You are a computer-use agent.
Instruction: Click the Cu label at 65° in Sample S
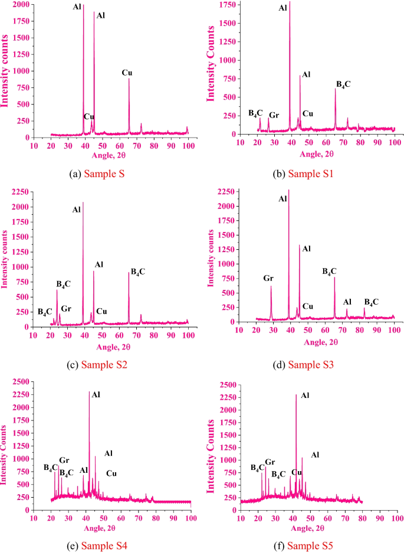[x=127, y=73]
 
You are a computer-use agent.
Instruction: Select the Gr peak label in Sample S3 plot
[x=268, y=278]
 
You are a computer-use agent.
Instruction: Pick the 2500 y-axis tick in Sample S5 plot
[x=229, y=384]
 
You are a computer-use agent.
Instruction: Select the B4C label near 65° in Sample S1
[x=343, y=84]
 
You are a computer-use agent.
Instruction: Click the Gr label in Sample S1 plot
[x=274, y=115]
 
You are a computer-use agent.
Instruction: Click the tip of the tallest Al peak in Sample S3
[x=288, y=191]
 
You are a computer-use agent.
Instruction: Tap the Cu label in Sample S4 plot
[x=111, y=473]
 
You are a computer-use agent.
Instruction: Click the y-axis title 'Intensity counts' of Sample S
[x=5, y=71]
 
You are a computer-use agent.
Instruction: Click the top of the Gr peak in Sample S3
[x=271, y=286]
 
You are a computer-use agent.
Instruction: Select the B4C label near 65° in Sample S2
[x=138, y=272]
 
